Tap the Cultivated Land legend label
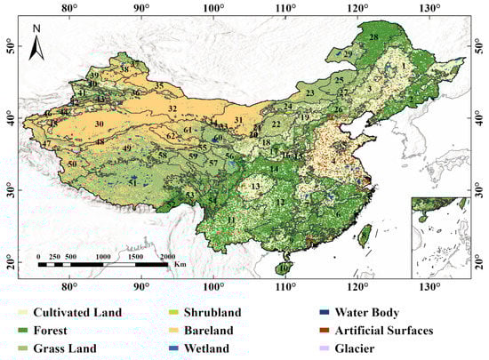click(78, 313)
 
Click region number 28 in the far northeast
click(374, 37)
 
